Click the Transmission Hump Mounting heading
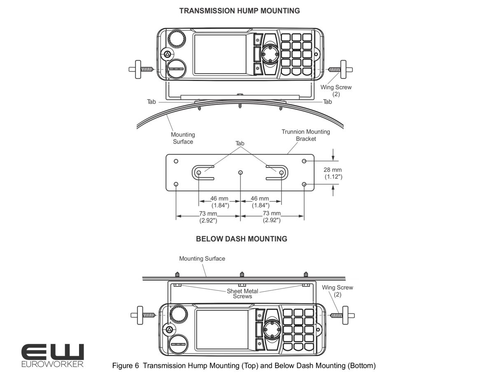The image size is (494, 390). point(240,11)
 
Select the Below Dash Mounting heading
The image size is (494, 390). point(242,239)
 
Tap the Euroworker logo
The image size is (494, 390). point(53,355)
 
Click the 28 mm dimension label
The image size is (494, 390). point(333,173)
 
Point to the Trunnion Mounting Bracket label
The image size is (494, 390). point(306,135)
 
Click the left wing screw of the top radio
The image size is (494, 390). point(141,69)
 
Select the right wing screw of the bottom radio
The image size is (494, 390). point(343,315)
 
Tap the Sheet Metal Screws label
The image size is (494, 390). point(242,294)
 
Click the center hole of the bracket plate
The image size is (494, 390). point(240,172)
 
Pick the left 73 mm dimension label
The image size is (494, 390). point(208,217)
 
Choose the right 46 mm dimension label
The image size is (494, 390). point(260,202)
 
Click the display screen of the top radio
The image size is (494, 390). point(220,55)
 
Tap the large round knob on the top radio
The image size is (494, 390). point(177,39)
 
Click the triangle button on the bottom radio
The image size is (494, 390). point(170,330)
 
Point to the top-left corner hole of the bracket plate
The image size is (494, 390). point(176,161)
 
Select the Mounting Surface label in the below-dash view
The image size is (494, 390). point(202,258)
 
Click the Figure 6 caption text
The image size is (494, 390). point(244,365)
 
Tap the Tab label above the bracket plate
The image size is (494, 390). point(240,144)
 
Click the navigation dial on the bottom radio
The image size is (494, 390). point(272,330)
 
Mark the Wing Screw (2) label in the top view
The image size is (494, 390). point(336,91)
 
